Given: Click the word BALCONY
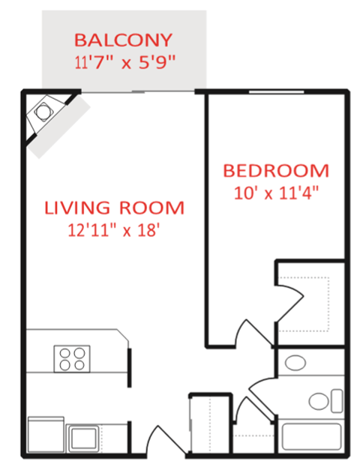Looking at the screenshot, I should (124, 39).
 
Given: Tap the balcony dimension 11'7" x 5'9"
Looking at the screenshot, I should (124, 62).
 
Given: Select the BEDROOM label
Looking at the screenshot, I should (275, 170).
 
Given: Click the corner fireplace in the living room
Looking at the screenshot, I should (45, 113).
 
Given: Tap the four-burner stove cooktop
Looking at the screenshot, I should (72, 358).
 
